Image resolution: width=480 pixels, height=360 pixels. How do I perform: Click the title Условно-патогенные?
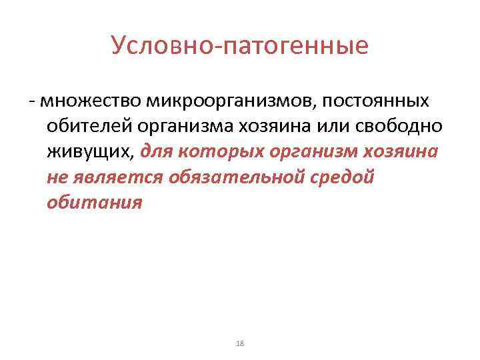click(x=240, y=45)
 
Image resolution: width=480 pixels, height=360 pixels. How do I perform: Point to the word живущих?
click(x=91, y=151)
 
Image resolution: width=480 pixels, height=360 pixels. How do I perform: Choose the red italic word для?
click(x=160, y=151)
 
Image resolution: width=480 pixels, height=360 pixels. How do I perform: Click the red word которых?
click(x=223, y=151)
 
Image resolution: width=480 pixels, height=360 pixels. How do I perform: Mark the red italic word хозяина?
click(x=401, y=151)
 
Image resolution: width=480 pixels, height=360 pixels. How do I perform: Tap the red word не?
click(x=56, y=177)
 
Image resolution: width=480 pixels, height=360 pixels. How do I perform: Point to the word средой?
click(x=341, y=177)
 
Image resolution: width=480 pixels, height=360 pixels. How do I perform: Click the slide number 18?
click(x=241, y=343)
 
